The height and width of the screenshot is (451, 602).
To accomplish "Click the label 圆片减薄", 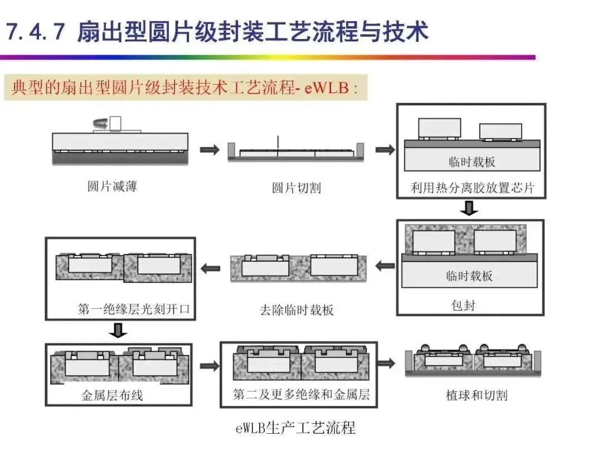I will coord(111,186).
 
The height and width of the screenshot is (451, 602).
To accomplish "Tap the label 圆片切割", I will coord(296,188).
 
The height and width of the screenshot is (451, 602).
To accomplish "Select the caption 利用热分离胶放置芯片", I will coord(472,187).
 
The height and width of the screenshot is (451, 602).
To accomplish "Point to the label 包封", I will coord(463,305).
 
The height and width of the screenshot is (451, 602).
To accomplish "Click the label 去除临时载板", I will coord(297,310).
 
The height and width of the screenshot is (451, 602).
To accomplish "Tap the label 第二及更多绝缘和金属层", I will coord(301,395).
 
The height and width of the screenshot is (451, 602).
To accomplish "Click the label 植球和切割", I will coord(477,395).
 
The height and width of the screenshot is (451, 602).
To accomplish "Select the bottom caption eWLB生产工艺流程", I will coord(295,428).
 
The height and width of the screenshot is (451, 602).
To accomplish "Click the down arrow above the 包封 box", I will coord(471,208).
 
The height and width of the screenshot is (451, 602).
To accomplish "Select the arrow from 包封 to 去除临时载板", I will coord(385,266).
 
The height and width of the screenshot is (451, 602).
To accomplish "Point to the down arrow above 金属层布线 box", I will coord(118,331).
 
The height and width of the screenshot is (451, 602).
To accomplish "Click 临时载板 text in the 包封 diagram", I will coord(469,275).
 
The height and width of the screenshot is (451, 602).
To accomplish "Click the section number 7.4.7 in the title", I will coord(36,32).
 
